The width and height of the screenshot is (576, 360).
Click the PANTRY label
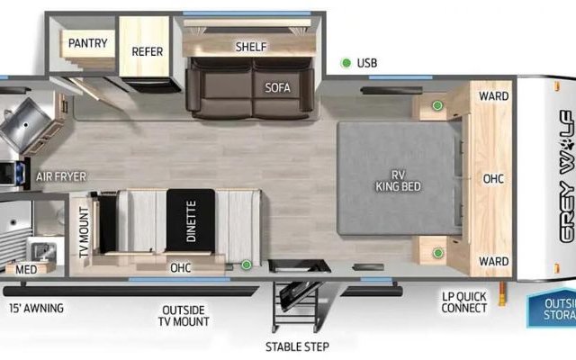[88, 43]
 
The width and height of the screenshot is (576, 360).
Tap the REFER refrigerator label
[148, 52]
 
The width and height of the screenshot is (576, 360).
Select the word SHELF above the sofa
[251, 47]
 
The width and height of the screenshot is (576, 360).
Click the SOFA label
[278, 88]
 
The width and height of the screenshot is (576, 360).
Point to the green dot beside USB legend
[346, 63]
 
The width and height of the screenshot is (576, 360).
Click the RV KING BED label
[398, 181]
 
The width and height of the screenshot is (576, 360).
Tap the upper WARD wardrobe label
[494, 96]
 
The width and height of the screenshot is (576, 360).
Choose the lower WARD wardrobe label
[494, 262]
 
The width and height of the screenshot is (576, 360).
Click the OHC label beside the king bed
[493, 179]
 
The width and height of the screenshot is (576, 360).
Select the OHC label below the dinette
[180, 268]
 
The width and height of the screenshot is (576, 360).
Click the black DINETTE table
[191, 220]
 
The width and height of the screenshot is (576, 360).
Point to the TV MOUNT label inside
[85, 232]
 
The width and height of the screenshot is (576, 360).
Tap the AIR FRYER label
[61, 177]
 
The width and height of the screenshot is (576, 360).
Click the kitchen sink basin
[25, 125]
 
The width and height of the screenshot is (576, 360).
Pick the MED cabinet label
[26, 270]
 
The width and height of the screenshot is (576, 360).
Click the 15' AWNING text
[36, 308]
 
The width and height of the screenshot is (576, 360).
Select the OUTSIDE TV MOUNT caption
[184, 316]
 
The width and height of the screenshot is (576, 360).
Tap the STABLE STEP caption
[297, 346]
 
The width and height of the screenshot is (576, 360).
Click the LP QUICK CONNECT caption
[464, 302]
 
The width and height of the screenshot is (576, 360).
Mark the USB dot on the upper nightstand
[437, 106]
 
